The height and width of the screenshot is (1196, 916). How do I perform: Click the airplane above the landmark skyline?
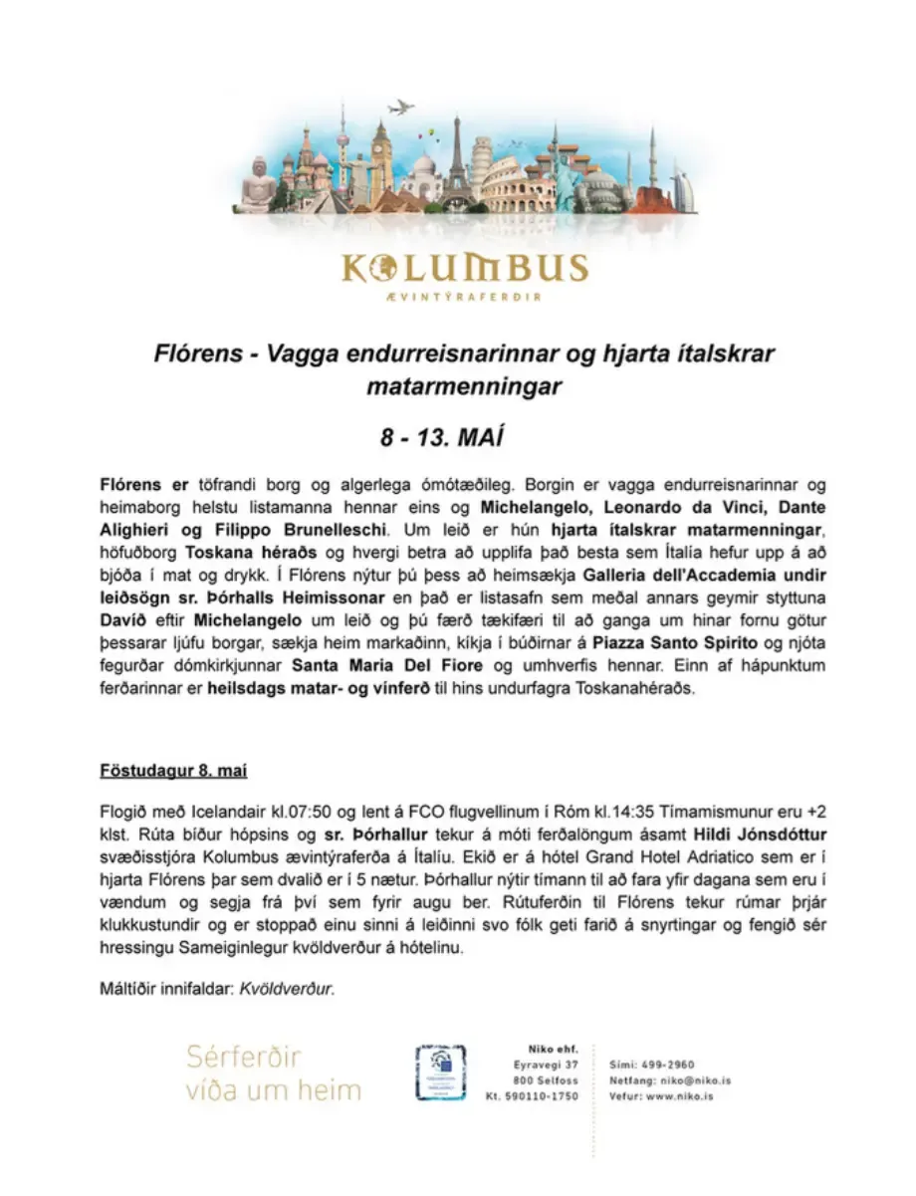click(x=400, y=108)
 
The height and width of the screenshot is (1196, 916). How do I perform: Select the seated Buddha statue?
click(x=259, y=184)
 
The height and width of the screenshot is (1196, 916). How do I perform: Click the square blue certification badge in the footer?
click(x=441, y=1072)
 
